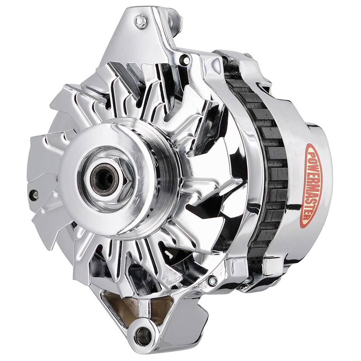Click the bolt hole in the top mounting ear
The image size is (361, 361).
[x=140, y=21]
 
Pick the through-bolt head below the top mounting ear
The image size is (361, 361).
[x=186, y=59]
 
